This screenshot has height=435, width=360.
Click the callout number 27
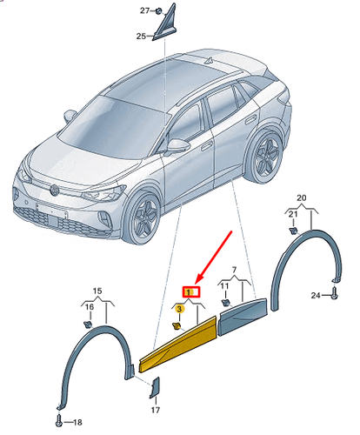click(145, 10)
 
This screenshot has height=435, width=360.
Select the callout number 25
click(140, 37)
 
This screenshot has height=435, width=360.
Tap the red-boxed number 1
click(190, 291)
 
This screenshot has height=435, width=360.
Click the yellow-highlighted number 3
click(179, 308)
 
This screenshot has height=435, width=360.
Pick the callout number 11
click(223, 285)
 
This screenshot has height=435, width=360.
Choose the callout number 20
click(302, 198)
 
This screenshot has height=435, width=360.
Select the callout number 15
click(98, 290)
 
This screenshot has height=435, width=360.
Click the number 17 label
click(155, 410)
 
